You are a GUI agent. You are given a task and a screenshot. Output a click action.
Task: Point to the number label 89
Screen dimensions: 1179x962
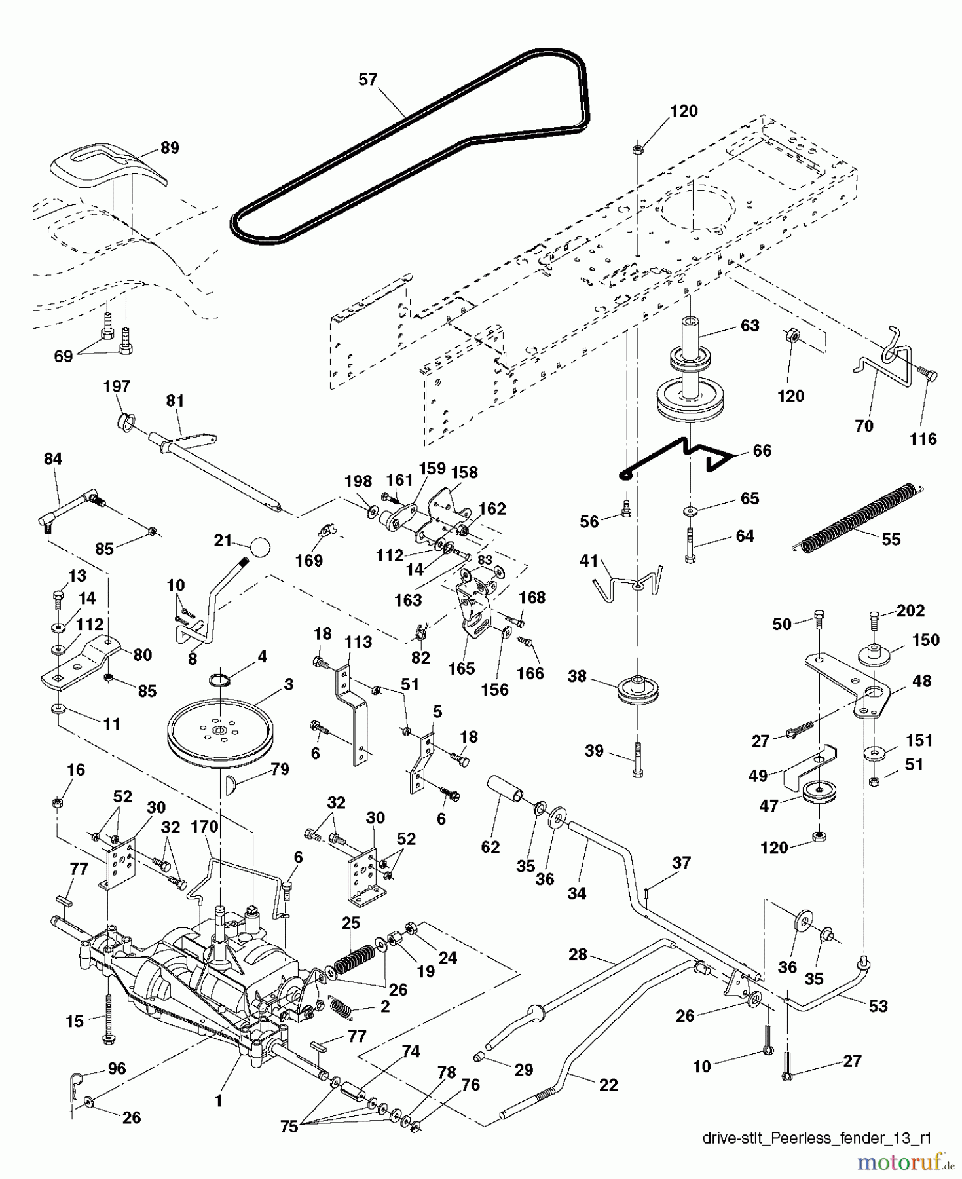coord(170,148)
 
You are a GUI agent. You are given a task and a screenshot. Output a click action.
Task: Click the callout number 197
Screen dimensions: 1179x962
coord(117,386)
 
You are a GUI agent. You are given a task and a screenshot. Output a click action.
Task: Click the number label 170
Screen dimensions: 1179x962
coord(204,827)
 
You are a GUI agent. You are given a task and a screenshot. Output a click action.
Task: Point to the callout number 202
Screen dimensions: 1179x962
coord(910,610)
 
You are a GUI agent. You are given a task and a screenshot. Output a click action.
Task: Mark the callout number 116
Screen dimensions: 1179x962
coord(923,439)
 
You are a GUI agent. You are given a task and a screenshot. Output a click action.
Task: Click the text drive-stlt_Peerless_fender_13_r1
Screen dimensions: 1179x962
coord(816,1138)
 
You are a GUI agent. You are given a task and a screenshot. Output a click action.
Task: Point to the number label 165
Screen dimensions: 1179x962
coord(461,668)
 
